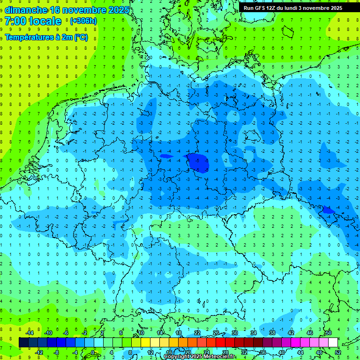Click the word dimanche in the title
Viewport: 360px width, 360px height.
[x=25, y=10]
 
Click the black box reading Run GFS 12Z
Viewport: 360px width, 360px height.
[x=293, y=7]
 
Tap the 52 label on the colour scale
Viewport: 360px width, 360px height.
[x=338, y=352]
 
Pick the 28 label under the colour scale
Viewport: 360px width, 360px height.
[x=225, y=352]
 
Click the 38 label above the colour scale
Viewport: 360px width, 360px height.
[x=272, y=333]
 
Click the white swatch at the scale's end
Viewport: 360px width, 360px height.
[x=333, y=342]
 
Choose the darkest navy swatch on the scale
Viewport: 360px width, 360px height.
[x=23, y=342]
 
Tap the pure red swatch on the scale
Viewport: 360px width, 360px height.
[x=220, y=342]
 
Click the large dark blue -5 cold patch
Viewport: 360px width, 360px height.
[x=197, y=162]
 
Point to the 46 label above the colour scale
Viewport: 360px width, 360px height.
[x=309, y=333]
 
